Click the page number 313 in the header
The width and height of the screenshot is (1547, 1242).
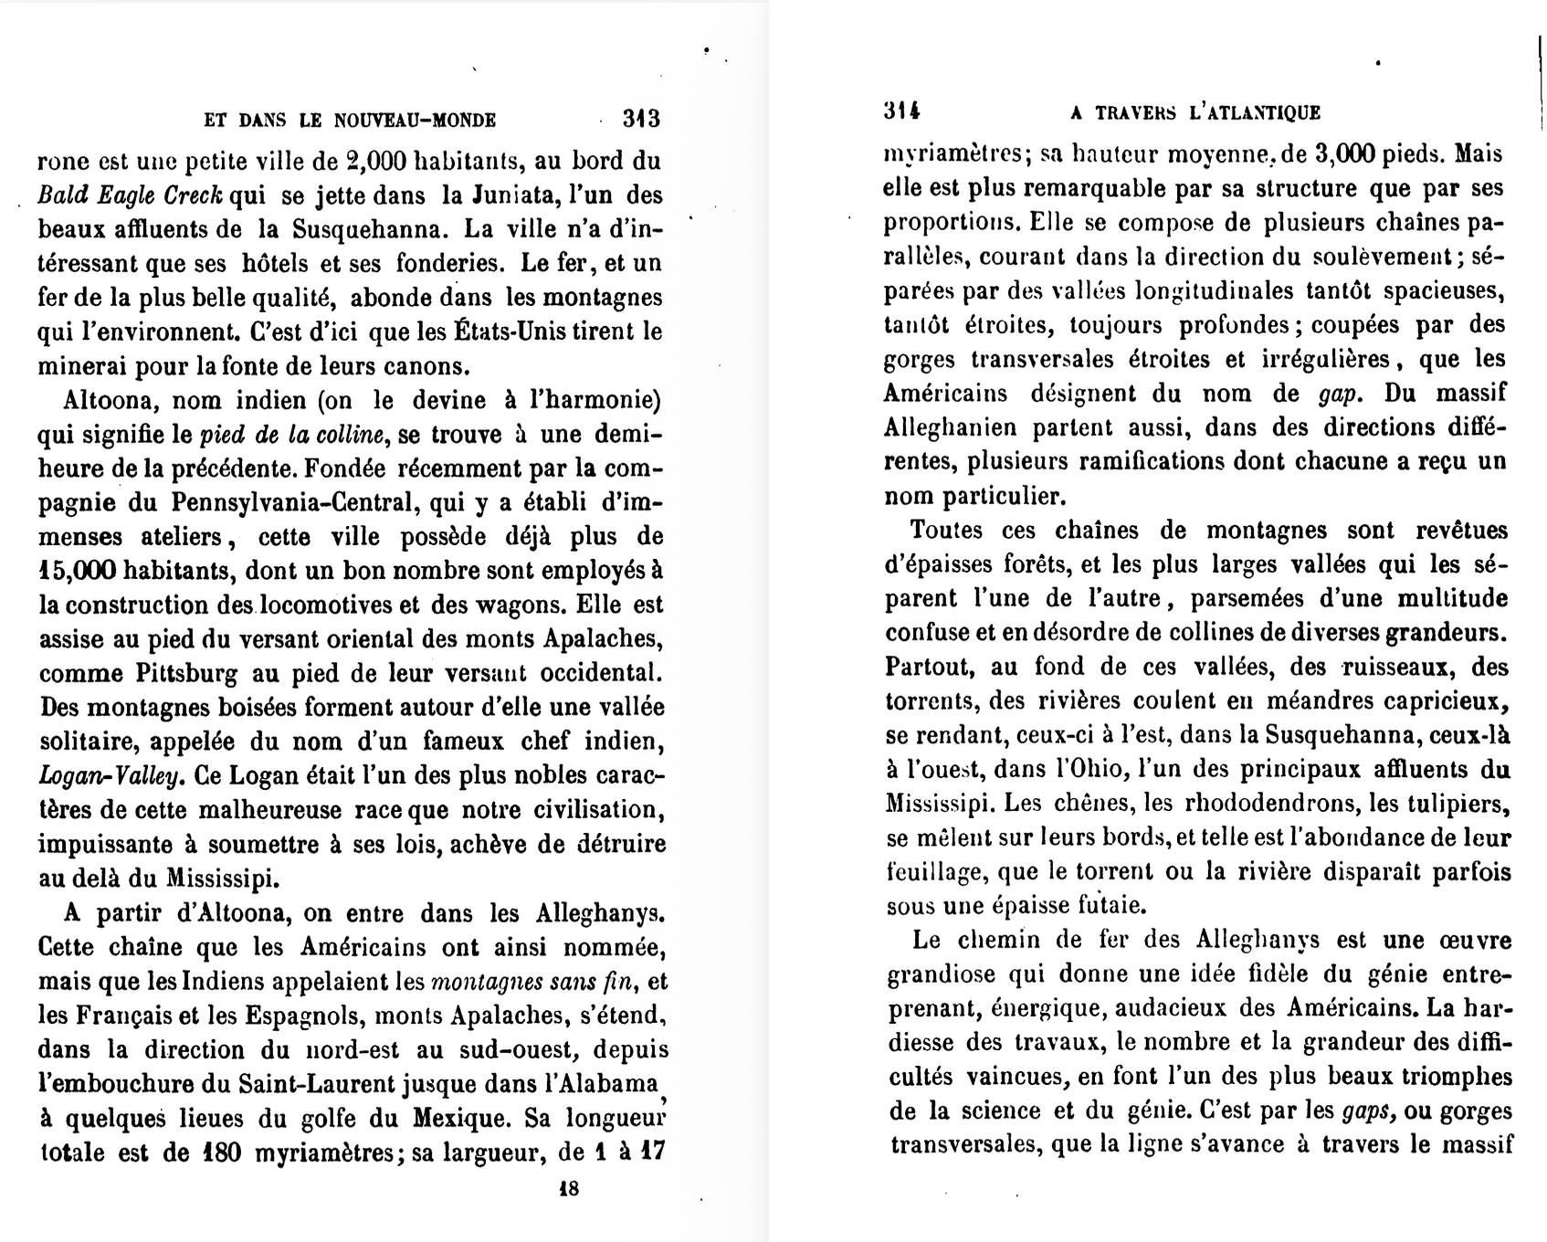point(641,119)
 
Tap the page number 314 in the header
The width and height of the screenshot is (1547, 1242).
point(901,111)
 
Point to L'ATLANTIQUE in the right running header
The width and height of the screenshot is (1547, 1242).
point(1256,112)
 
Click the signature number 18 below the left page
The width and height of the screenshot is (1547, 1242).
point(568,1188)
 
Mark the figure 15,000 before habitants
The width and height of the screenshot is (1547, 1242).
point(78,571)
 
